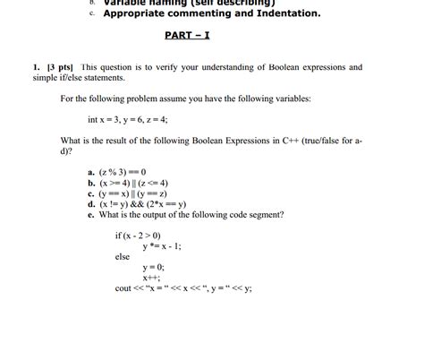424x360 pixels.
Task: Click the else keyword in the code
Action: pyautogui.click(x=123, y=257)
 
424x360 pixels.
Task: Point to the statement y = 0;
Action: pyautogui.click(x=153, y=268)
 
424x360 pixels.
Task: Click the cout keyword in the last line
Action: pyautogui.click(x=123, y=289)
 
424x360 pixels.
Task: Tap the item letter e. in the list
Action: pyautogui.click(x=91, y=215)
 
